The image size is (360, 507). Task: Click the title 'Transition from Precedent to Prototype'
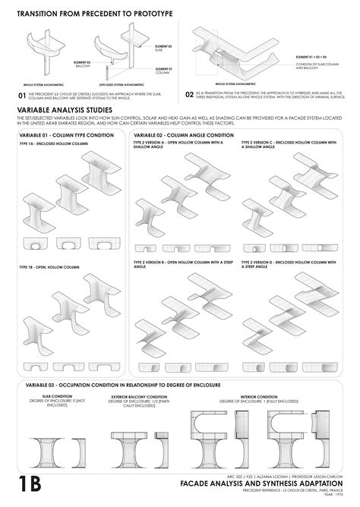(x=95, y=14)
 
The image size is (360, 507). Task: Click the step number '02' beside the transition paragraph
(x=190, y=96)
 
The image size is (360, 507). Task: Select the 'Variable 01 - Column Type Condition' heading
(x=60, y=134)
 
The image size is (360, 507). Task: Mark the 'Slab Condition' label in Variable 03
(x=58, y=395)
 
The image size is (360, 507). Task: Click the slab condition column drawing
(x=57, y=448)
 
